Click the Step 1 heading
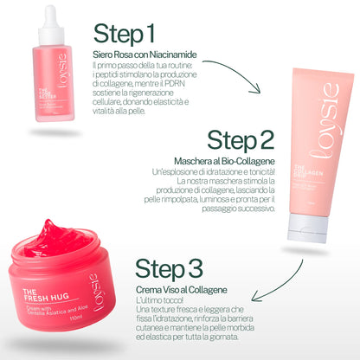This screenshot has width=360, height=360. click(125, 35)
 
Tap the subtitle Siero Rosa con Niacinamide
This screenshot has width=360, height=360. click(144, 55)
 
